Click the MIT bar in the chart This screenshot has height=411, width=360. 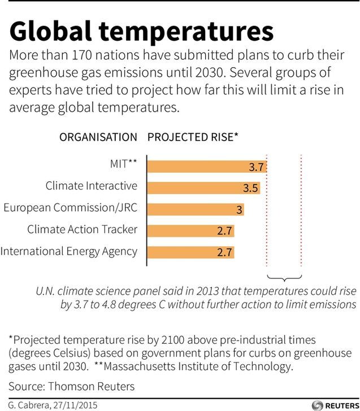(x=207, y=167)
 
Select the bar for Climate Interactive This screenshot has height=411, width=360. (x=203, y=188)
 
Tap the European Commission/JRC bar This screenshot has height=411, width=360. (x=196, y=209)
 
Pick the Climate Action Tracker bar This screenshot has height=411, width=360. (x=190, y=231)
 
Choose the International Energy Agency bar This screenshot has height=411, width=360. (x=190, y=252)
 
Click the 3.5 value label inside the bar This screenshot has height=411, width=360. (x=250, y=188)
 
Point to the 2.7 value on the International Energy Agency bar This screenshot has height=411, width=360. (x=224, y=252)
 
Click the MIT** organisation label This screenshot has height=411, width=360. (x=124, y=164)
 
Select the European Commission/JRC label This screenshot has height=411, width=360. (x=71, y=208)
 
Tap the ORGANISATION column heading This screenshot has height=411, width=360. (x=98, y=137)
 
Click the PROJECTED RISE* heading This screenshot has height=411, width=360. (x=193, y=137)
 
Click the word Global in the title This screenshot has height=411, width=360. (x=50, y=31)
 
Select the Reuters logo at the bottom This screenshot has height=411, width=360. (x=336, y=405)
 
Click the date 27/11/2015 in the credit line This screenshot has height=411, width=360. (x=75, y=405)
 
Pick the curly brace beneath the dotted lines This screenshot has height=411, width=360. (x=284, y=278)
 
